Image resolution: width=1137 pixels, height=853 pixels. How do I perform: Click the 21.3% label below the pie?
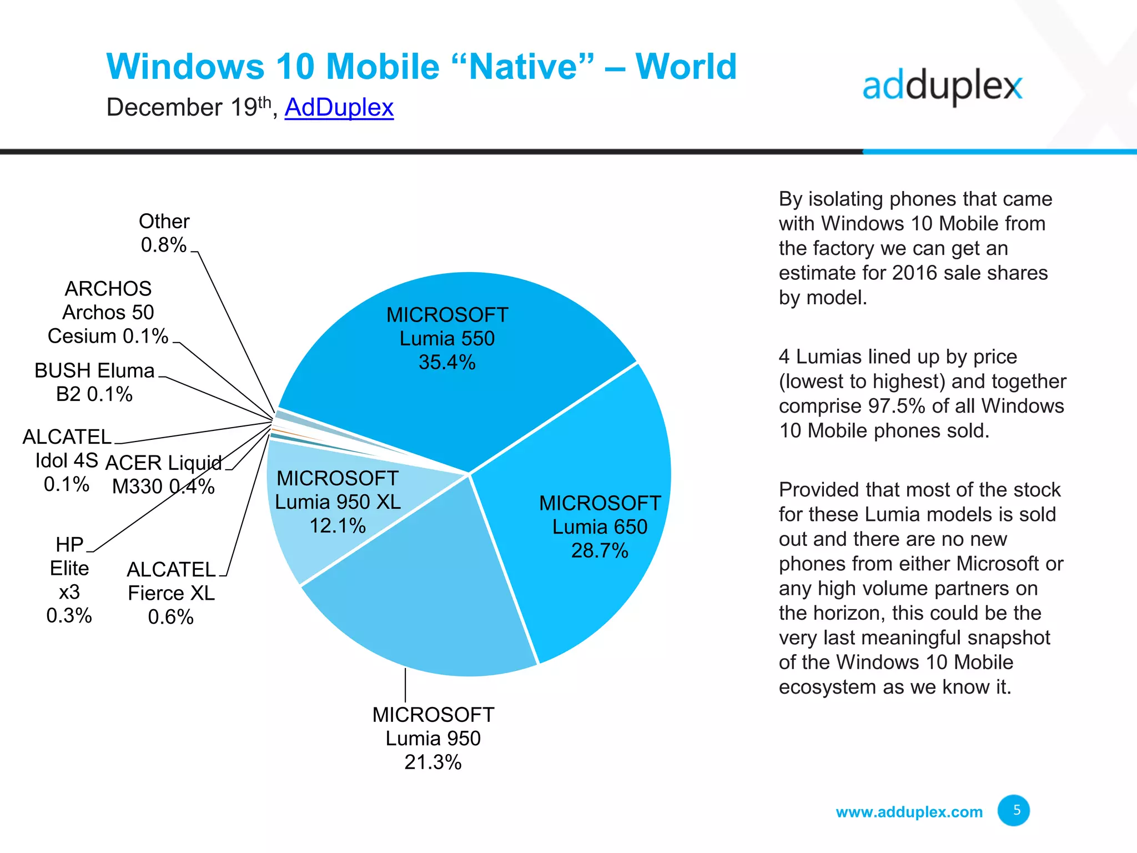click(x=432, y=762)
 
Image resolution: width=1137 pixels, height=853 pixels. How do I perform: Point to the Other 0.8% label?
click(x=164, y=233)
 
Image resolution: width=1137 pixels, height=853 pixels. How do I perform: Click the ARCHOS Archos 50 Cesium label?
click(x=108, y=312)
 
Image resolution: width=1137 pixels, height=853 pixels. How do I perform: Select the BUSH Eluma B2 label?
click(x=94, y=382)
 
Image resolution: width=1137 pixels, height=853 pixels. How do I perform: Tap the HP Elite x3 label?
click(x=69, y=580)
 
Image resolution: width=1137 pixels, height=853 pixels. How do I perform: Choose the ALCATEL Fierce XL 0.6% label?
click(x=171, y=593)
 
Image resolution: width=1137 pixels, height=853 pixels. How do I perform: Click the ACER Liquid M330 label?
click(x=163, y=474)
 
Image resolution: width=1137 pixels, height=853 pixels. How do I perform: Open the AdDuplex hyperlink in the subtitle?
click(x=339, y=107)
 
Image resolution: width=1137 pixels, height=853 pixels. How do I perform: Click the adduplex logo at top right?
click(x=942, y=87)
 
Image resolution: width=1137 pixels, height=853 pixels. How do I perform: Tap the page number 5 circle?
click(x=1013, y=810)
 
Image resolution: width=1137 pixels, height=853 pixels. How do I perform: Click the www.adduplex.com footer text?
click(x=909, y=812)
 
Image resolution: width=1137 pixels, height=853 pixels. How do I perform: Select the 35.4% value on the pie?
click(x=447, y=362)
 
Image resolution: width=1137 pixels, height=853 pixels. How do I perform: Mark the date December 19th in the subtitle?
click(x=189, y=107)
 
